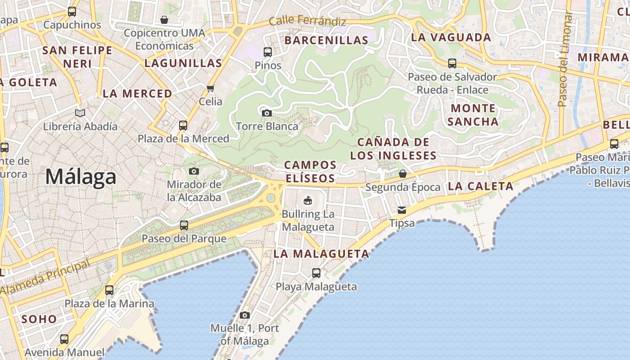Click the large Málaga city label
[81, 176]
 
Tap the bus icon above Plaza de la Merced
[183, 126]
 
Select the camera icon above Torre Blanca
[267, 113]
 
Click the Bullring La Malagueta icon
[308, 200]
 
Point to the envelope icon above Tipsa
[402, 210]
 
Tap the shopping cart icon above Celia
[210, 88]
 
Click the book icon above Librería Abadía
[80, 113]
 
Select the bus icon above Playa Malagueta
[316, 273]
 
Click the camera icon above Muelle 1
[244, 315]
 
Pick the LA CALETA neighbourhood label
[481, 186]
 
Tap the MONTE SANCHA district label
[473, 115]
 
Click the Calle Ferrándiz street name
[307, 21]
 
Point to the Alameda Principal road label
[45, 278]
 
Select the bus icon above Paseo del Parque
[184, 225]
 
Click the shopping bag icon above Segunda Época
[403, 174]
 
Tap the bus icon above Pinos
[268, 52]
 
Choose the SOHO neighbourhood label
[39, 319]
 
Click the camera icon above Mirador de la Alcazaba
[194, 171]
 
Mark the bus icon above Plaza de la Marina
[109, 290]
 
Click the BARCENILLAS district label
[327, 40]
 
